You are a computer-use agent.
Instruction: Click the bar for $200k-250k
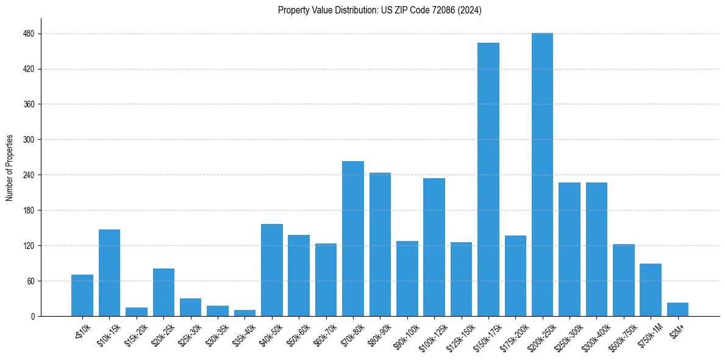point(542,175)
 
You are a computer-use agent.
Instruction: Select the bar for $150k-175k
point(488,179)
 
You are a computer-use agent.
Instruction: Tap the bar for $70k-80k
point(352,239)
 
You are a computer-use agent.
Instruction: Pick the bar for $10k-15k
point(109,273)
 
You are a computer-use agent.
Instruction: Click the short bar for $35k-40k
point(245,313)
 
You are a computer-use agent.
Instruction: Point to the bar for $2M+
point(677,309)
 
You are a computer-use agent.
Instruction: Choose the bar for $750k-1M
point(650,290)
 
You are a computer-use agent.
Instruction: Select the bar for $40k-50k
point(271,270)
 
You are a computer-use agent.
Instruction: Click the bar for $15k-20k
point(137,312)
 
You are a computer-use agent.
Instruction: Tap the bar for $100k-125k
point(434,247)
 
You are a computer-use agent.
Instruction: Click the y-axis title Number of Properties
point(10,167)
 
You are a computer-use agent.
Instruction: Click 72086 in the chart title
point(449,10)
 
